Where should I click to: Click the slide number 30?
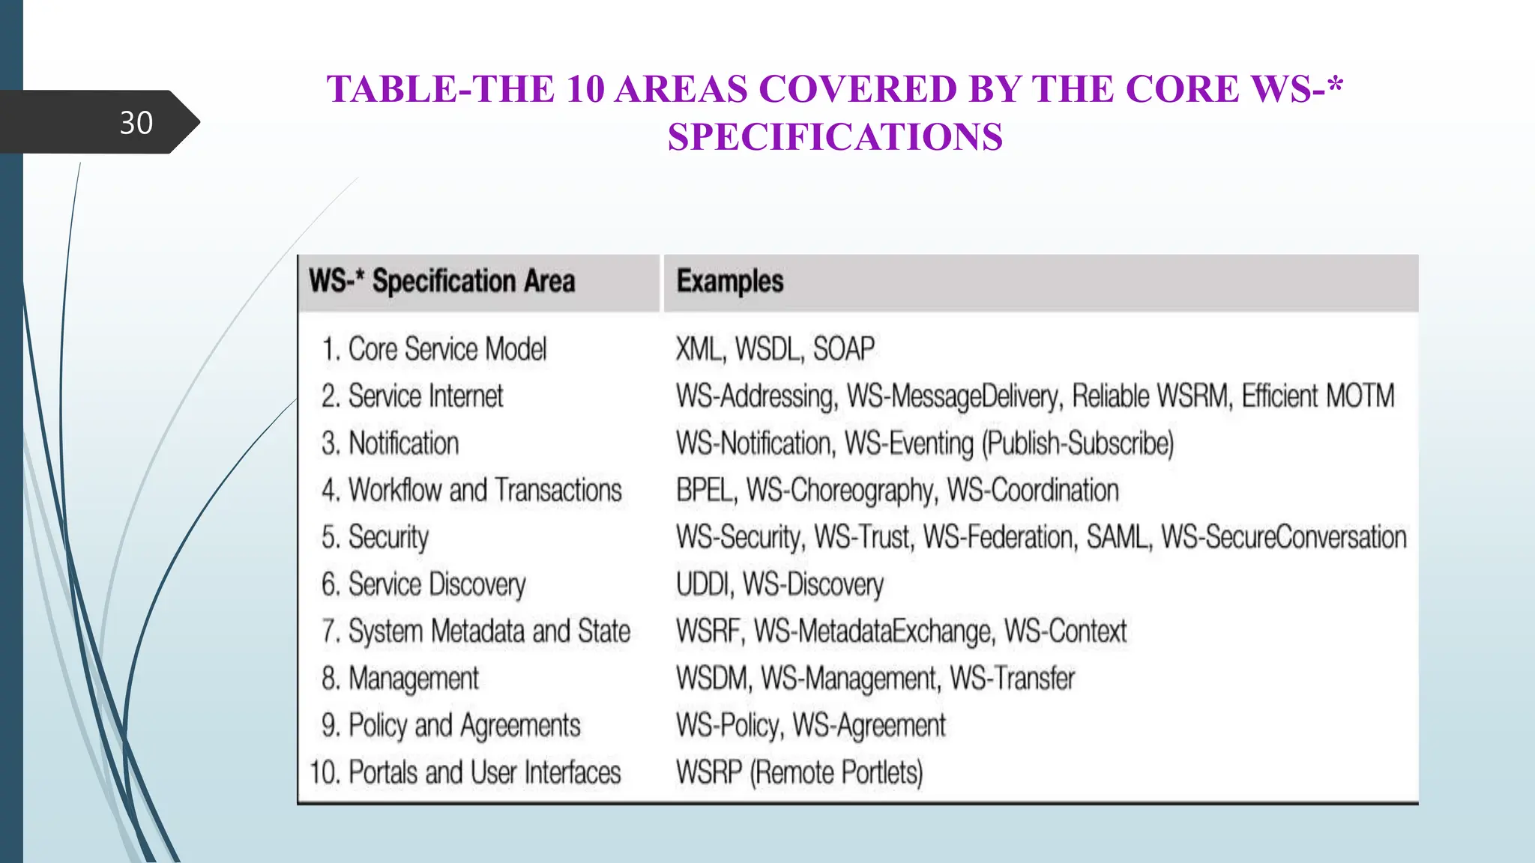[x=136, y=123]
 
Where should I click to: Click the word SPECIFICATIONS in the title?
[x=835, y=137]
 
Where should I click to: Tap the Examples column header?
[x=729, y=282]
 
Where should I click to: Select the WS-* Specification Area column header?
[x=441, y=282]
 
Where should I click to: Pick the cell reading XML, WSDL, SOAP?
[x=774, y=350]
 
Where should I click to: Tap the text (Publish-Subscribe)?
[x=1079, y=443]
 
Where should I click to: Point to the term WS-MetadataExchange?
[x=874, y=632]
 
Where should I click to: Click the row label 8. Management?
[x=399, y=679]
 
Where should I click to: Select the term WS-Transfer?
[x=1012, y=679]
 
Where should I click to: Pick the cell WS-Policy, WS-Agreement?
[x=810, y=726]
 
